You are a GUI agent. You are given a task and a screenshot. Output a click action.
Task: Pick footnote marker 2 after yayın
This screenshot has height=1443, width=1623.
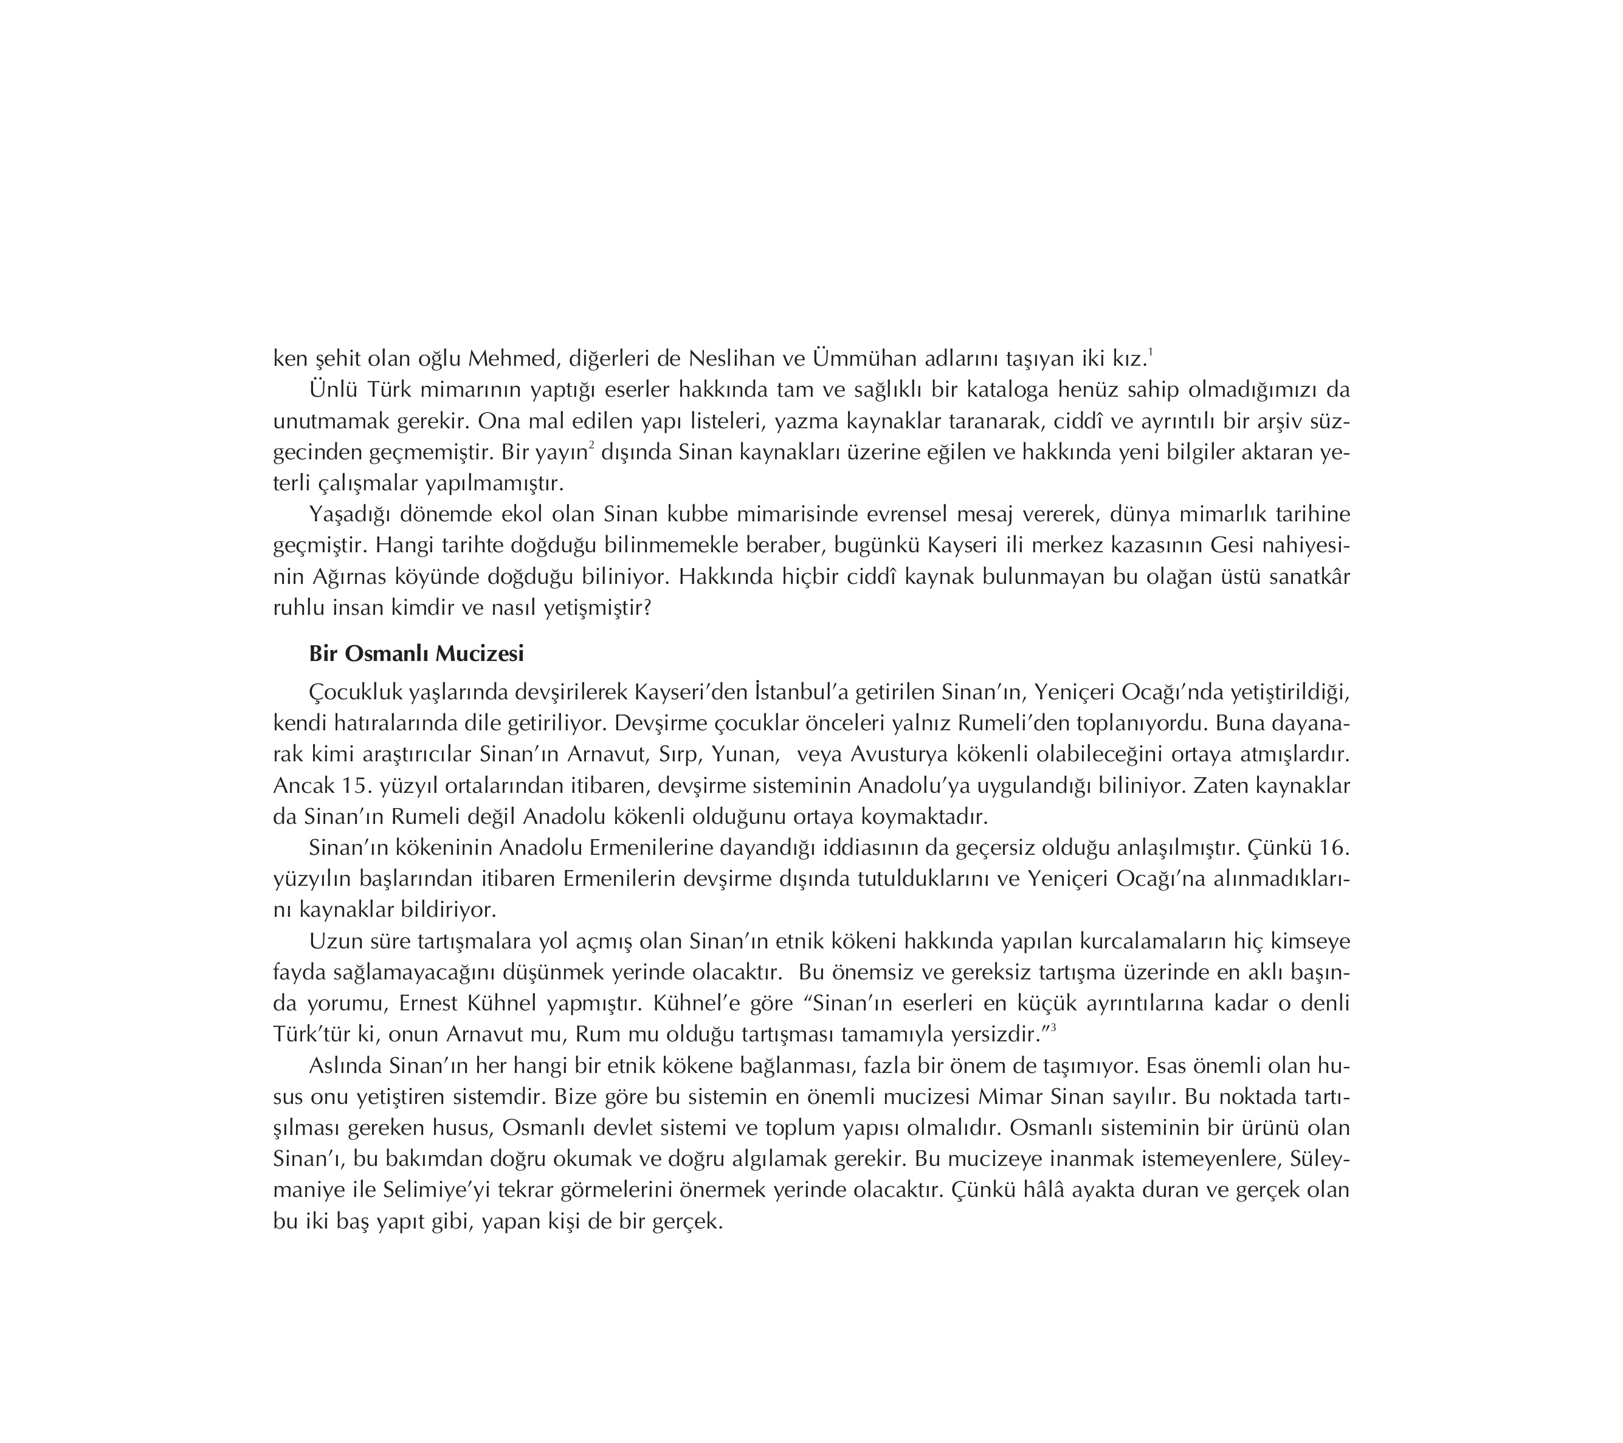click(591, 446)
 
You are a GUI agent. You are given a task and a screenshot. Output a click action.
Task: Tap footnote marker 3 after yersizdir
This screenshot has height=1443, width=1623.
click(1053, 1029)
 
